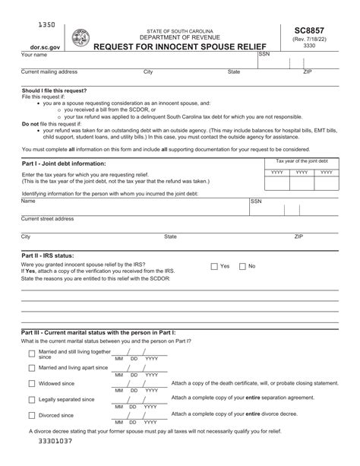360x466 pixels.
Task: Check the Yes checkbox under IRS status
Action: click(x=213, y=266)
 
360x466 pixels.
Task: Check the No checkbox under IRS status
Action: click(x=242, y=266)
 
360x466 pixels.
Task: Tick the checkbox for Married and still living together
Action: click(x=31, y=353)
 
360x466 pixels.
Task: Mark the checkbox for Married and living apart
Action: click(x=31, y=367)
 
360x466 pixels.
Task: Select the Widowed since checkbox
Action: click(x=31, y=383)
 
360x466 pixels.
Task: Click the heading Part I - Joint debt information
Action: click(x=64, y=163)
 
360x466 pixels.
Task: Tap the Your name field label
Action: click(x=34, y=55)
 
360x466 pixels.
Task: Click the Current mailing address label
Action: click(x=49, y=71)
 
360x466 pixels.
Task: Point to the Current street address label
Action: click(x=47, y=218)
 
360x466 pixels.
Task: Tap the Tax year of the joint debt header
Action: click(x=302, y=161)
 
